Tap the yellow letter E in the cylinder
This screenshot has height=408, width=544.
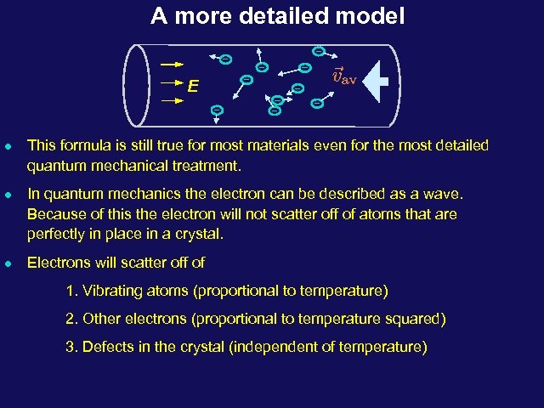(x=195, y=86)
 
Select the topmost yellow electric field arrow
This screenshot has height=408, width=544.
(x=172, y=63)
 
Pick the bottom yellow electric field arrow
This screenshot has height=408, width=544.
(x=172, y=100)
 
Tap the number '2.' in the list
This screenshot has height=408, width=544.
(x=71, y=320)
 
